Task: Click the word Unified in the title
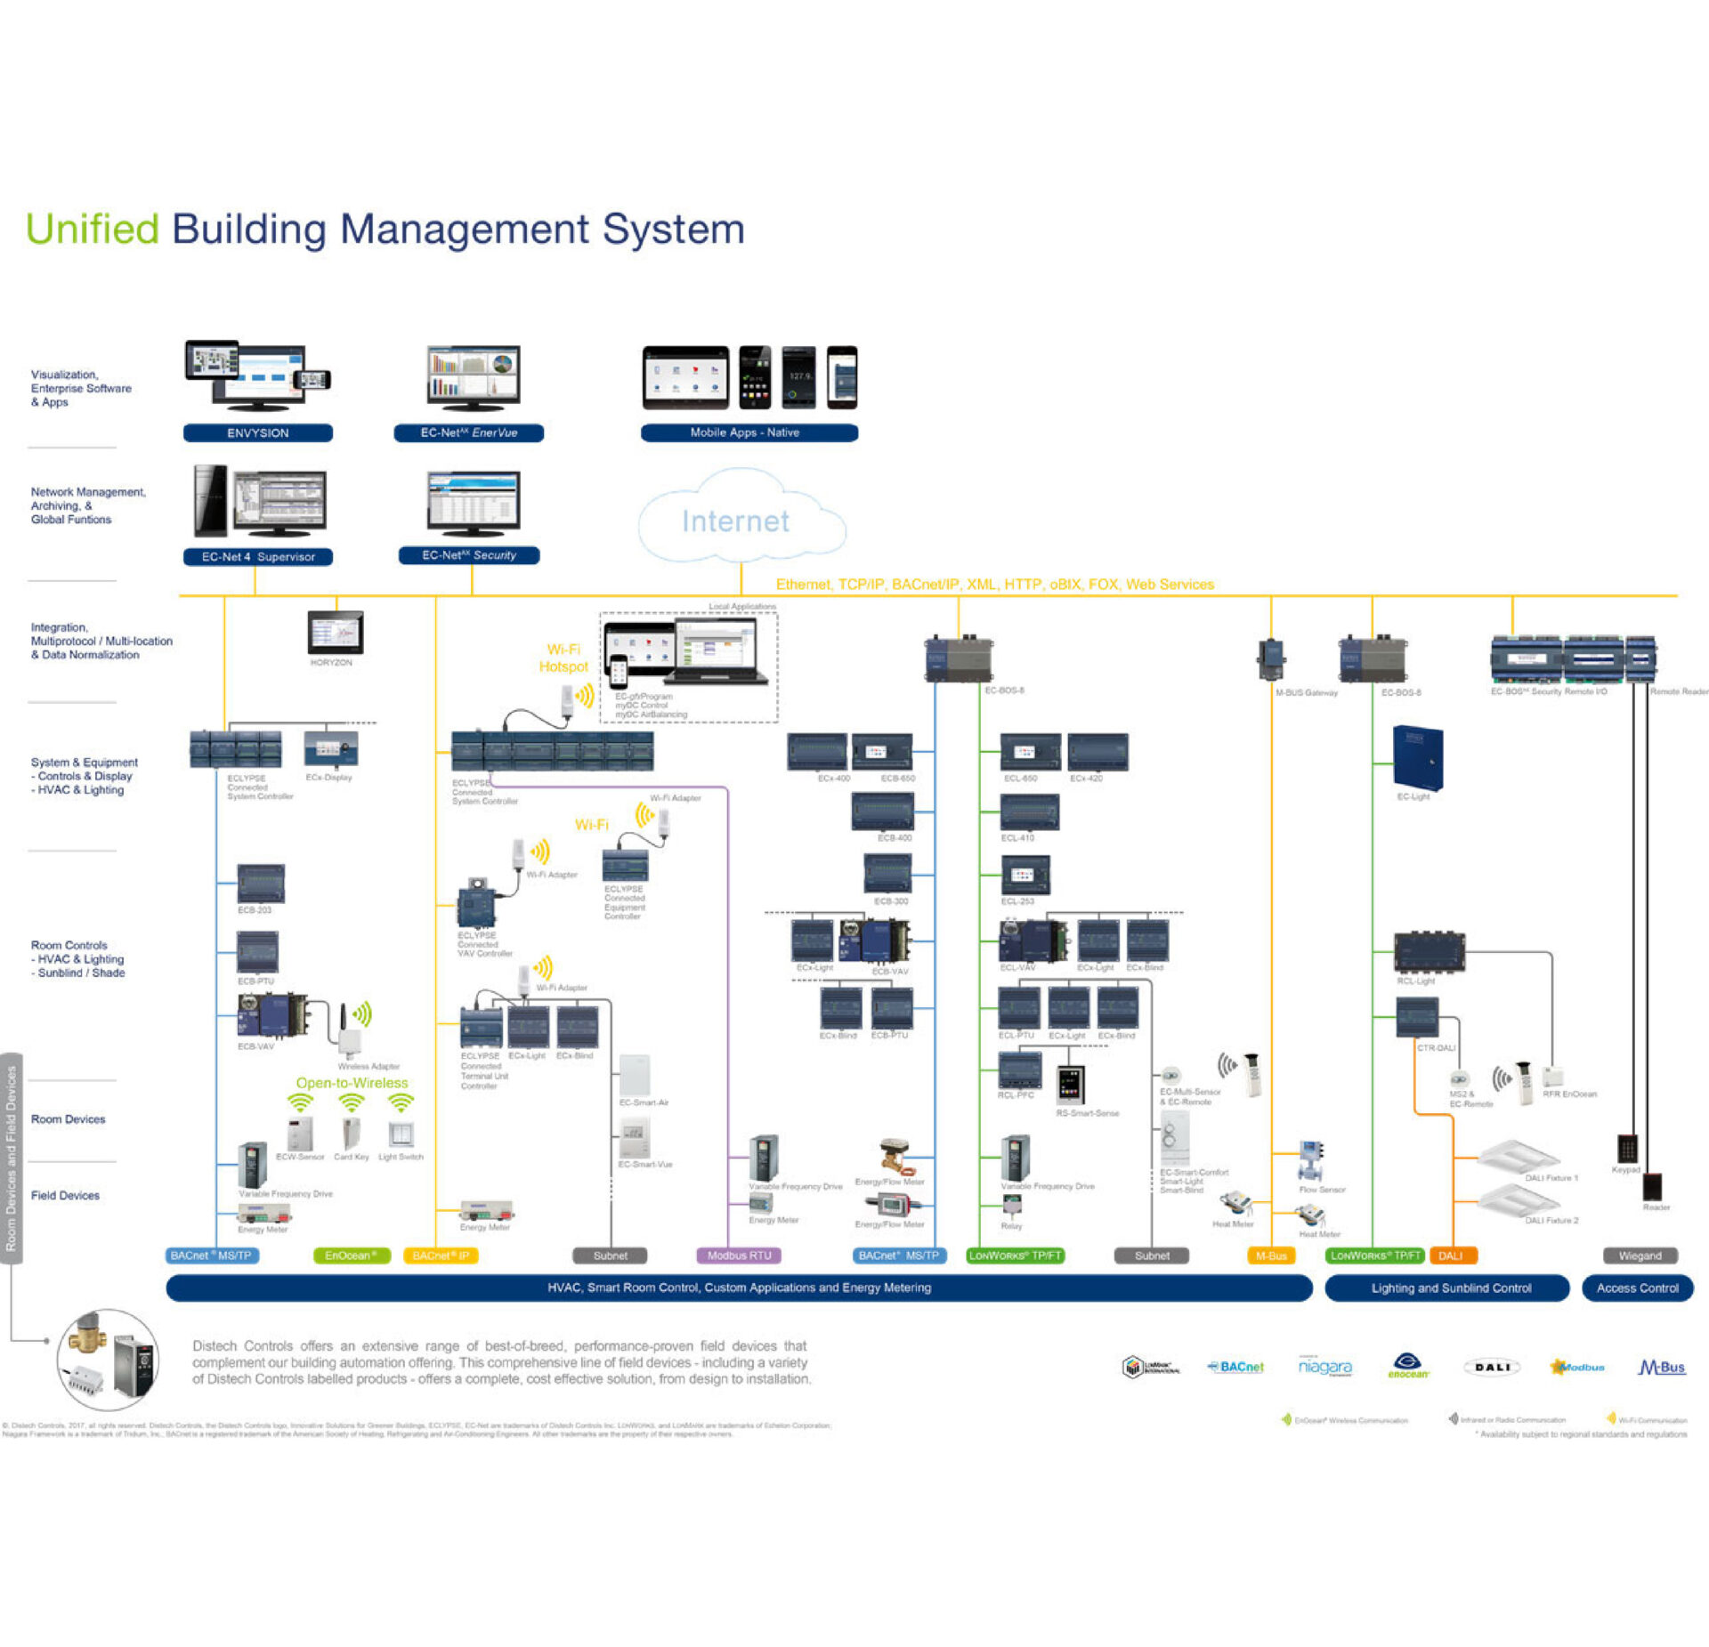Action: [93, 230]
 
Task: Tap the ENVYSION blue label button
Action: [258, 433]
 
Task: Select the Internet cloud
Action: [739, 520]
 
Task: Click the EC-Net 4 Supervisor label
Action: [258, 557]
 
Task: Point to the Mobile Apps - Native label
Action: [749, 432]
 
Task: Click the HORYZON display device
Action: [336, 634]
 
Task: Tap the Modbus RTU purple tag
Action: [739, 1255]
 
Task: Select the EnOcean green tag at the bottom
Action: [352, 1255]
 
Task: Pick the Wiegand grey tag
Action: [1640, 1255]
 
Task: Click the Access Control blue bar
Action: [1637, 1288]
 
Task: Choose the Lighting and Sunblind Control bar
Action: [1451, 1288]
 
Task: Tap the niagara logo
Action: [1324, 1367]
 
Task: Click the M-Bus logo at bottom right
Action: [1662, 1367]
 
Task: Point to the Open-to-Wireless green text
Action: [352, 1083]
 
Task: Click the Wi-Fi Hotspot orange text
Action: [563, 658]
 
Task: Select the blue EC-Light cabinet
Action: [1417, 757]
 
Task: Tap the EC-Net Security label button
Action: [469, 555]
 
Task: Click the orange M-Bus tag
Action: [1271, 1255]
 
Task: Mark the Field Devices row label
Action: [65, 1195]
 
